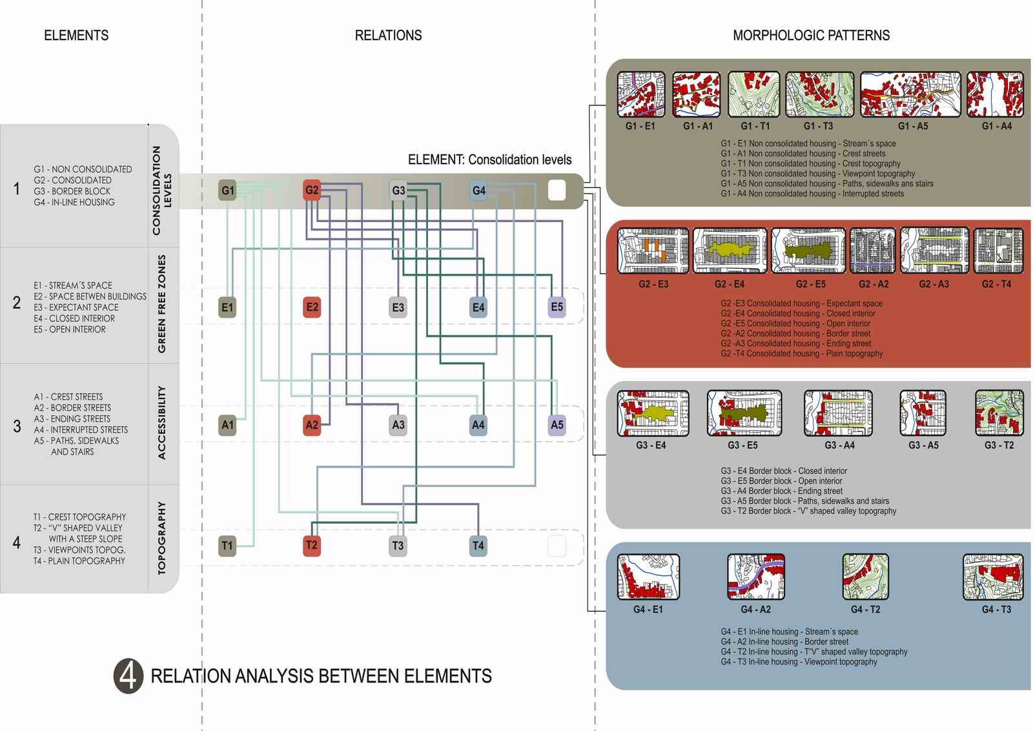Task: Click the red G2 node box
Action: [x=312, y=190]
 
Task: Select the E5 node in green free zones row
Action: [x=557, y=307]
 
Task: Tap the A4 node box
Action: [x=478, y=425]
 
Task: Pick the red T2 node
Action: [x=311, y=545]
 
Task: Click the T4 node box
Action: [x=478, y=545]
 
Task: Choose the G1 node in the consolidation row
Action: [x=227, y=190]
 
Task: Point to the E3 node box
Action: [x=398, y=307]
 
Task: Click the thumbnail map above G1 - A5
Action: [x=910, y=94]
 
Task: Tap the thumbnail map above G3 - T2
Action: [x=999, y=413]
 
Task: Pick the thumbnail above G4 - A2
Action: [x=756, y=577]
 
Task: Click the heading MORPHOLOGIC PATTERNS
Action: [x=811, y=36]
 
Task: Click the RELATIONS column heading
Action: [x=388, y=36]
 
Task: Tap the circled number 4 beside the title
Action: [x=128, y=676]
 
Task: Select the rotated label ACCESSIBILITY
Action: [x=161, y=423]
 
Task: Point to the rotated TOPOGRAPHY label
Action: [x=161, y=538]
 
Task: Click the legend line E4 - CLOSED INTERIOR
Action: [x=74, y=318]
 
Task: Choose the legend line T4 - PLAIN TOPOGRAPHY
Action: [x=79, y=561]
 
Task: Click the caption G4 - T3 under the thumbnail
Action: [x=996, y=610]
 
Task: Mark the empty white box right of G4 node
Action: [x=557, y=190]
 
